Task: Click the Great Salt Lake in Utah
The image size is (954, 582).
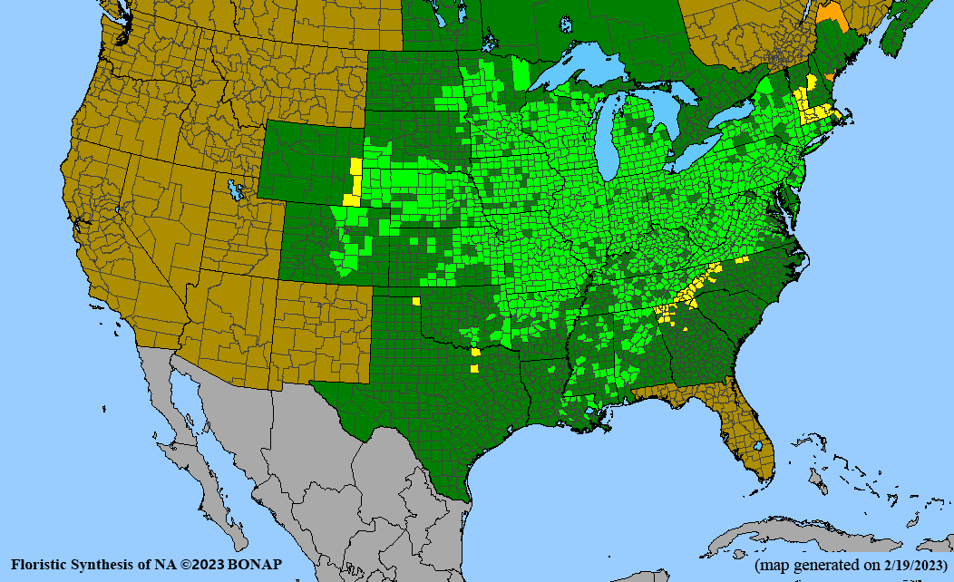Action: [237, 191]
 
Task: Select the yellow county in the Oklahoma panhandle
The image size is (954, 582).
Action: [416, 301]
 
